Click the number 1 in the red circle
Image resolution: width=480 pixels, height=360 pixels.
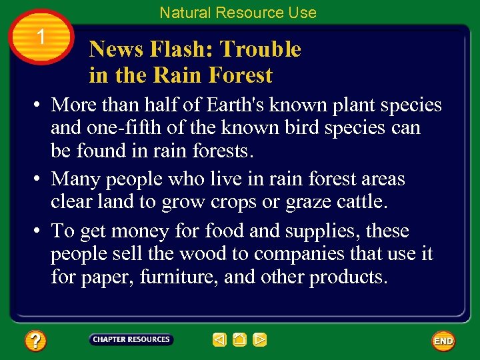tap(41, 38)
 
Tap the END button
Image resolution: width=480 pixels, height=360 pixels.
tap(443, 341)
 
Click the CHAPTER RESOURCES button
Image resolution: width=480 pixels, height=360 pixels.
tap(131, 339)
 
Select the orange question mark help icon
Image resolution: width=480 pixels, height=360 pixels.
tap(35, 341)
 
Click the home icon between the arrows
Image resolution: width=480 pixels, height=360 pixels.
tap(240, 340)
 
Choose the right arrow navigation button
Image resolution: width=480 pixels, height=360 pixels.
tap(260, 340)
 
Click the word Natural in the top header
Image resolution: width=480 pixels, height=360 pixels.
tap(184, 13)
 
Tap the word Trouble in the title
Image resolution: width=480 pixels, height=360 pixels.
tap(261, 49)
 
